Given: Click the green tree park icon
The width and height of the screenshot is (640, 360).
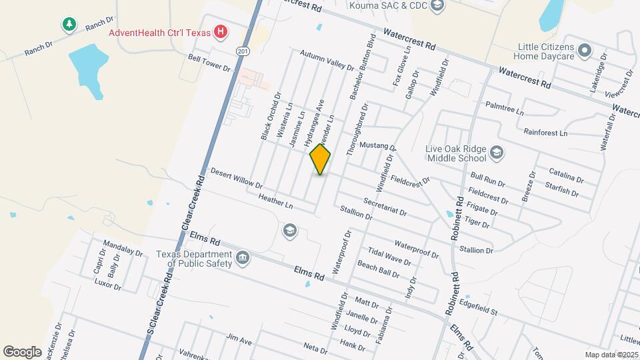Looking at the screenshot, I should point(68,25).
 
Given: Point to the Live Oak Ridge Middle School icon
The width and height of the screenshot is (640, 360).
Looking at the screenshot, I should point(496,153).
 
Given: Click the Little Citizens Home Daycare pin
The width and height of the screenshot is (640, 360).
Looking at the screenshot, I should point(585,50).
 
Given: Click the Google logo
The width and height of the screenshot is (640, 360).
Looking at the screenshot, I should point(22,351).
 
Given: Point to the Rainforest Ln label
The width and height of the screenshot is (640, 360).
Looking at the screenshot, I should point(545,133).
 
